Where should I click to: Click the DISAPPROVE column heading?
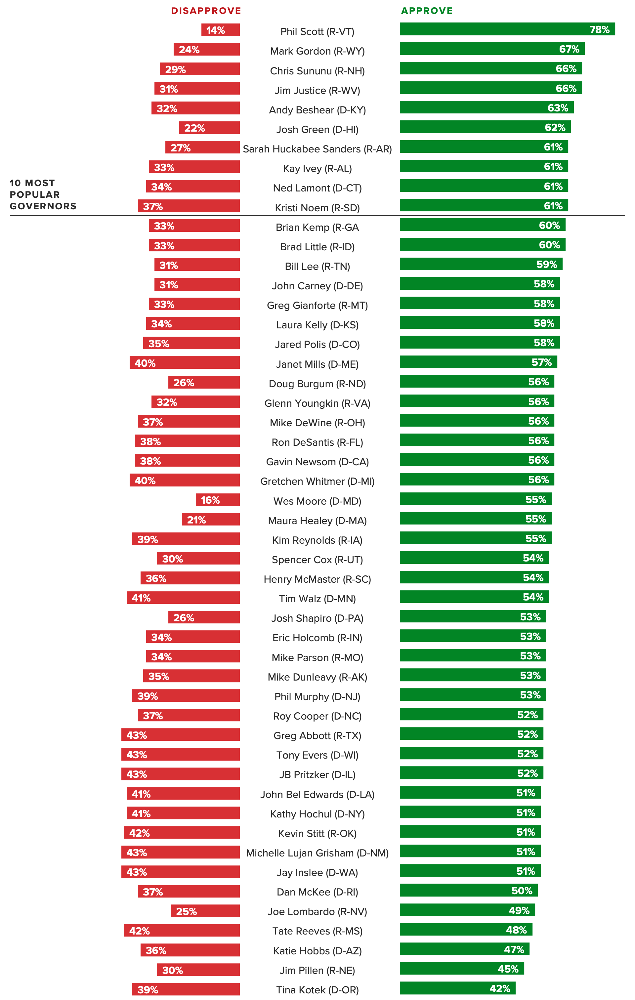pyautogui.click(x=206, y=11)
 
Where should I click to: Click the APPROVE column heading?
pyautogui.click(x=427, y=11)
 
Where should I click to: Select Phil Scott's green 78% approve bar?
pyautogui.click(x=507, y=29)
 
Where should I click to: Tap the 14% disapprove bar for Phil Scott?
pyautogui.click(x=221, y=30)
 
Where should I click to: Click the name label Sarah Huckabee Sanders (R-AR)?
pyautogui.click(x=317, y=149)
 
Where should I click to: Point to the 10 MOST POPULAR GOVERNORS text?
pyautogui.click(x=43, y=194)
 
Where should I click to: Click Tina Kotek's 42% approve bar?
pyautogui.click(x=457, y=988)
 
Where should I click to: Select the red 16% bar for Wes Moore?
pyautogui.click(x=218, y=500)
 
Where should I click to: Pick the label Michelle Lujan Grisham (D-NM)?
pyautogui.click(x=317, y=853)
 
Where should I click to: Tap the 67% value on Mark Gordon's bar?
pyautogui.click(x=569, y=49)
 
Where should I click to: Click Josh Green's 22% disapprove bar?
pyautogui.click(x=209, y=128)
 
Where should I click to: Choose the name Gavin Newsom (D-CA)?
pyautogui.click(x=317, y=462)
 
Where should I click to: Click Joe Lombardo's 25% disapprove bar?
pyautogui.click(x=205, y=911)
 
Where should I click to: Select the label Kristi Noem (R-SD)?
pyautogui.click(x=317, y=208)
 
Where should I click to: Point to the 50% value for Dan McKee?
pyautogui.click(x=522, y=891)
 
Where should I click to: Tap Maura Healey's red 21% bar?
pyautogui.click(x=211, y=520)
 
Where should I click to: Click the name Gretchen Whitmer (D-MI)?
pyautogui.click(x=317, y=481)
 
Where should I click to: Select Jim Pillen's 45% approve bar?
pyautogui.click(x=461, y=969)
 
